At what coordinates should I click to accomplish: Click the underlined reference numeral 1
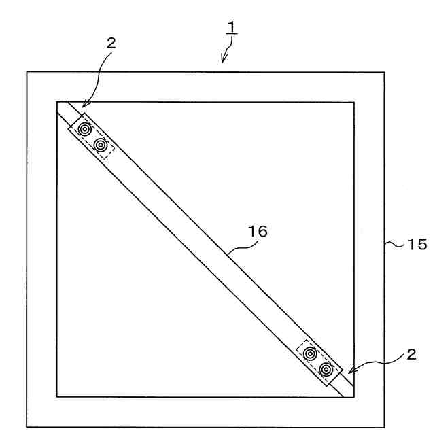[x=230, y=29]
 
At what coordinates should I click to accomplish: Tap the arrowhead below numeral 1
[x=224, y=60]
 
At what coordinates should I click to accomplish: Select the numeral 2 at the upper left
[x=111, y=43]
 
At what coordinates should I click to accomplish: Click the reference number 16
[x=258, y=232]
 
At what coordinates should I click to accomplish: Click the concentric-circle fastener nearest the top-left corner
[x=85, y=129]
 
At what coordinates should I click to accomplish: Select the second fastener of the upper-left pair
[x=101, y=145]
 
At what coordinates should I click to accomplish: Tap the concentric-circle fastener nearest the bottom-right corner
[x=327, y=369]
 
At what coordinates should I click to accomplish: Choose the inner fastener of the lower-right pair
[x=311, y=353]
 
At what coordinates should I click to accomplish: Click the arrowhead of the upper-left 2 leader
[x=82, y=106]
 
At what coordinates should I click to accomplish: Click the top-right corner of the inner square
[x=354, y=103]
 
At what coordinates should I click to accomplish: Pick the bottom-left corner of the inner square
[x=56, y=396]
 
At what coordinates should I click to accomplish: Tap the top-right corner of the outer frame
[x=384, y=72]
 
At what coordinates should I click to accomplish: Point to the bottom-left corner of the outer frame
[x=27, y=427]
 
